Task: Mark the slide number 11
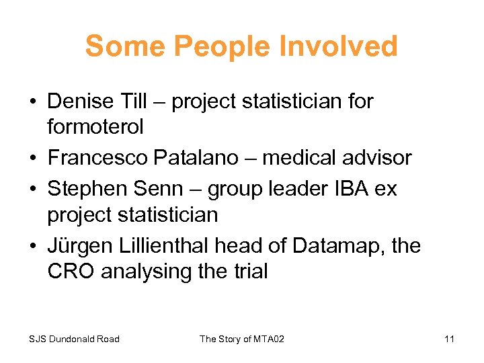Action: [x=449, y=339]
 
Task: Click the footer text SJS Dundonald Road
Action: [x=74, y=339]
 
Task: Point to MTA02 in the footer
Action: [x=268, y=339]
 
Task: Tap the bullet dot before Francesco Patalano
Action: [x=32, y=159]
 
